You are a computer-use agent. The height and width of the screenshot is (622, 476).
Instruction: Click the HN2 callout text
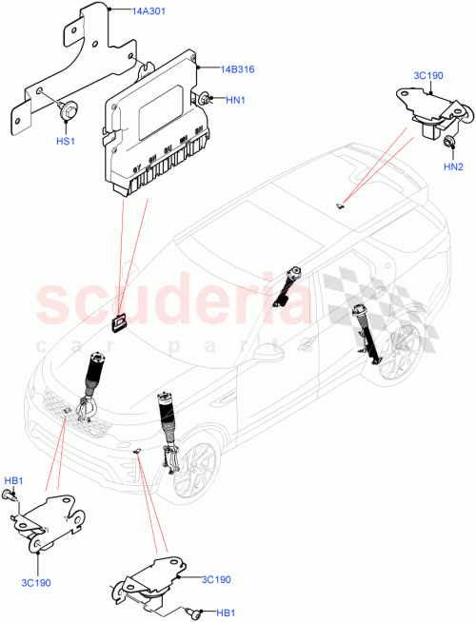[x=453, y=168]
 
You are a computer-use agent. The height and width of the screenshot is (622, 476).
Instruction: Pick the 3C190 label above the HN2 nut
[x=426, y=76]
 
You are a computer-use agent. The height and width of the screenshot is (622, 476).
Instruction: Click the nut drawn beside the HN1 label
[x=204, y=97]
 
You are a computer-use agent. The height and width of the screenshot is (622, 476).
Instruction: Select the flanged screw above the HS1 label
[x=69, y=110]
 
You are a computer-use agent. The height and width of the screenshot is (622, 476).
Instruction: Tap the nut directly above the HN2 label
[x=449, y=142]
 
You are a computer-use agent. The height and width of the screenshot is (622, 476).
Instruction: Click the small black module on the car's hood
[x=118, y=324]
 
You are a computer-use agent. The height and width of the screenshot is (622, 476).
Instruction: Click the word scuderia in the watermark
[x=171, y=302]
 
